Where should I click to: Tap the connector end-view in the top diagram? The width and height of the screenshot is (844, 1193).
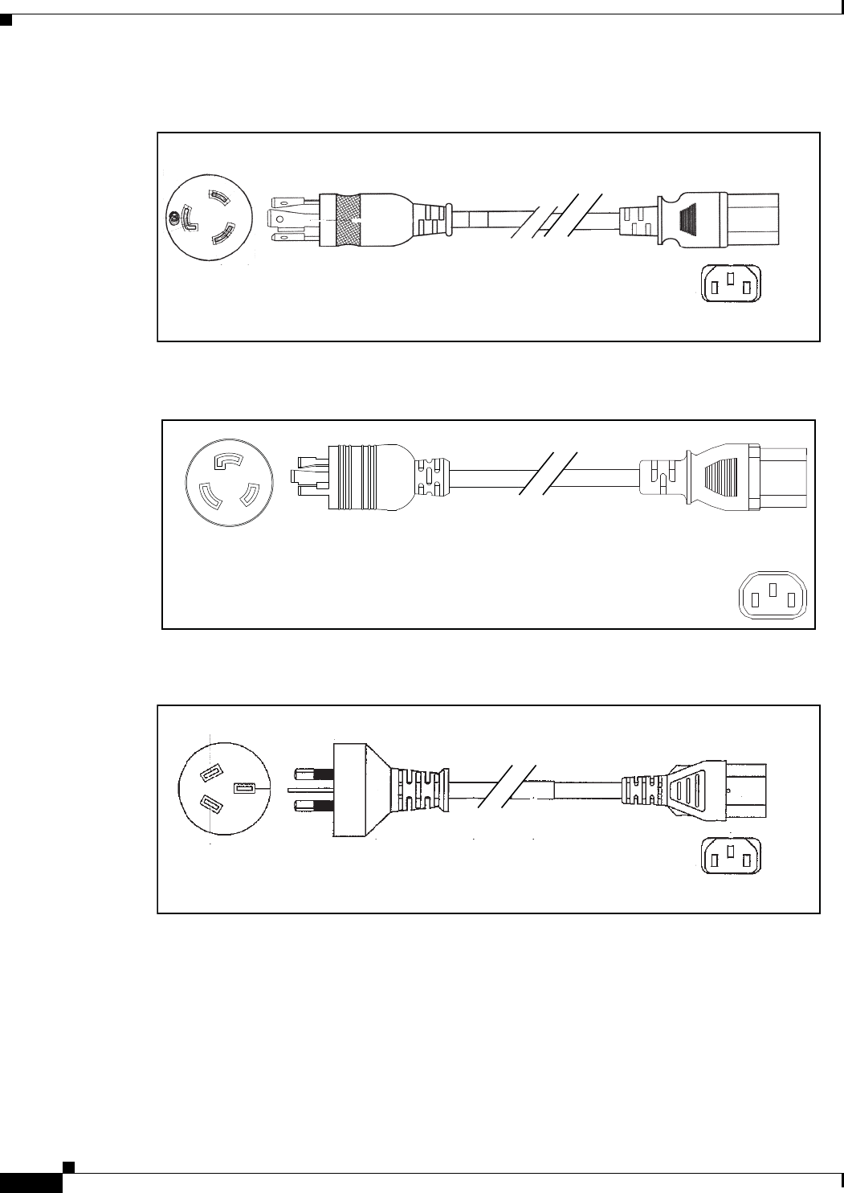click(731, 284)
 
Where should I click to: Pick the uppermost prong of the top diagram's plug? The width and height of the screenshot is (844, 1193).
click(284, 200)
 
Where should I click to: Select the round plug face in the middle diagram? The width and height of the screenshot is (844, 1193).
click(230, 483)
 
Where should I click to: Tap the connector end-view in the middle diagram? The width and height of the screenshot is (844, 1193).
click(773, 597)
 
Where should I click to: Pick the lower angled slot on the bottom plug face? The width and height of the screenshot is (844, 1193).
click(211, 803)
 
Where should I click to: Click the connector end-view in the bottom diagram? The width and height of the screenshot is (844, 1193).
click(731, 856)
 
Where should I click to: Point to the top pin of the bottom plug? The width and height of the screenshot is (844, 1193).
click(314, 775)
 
